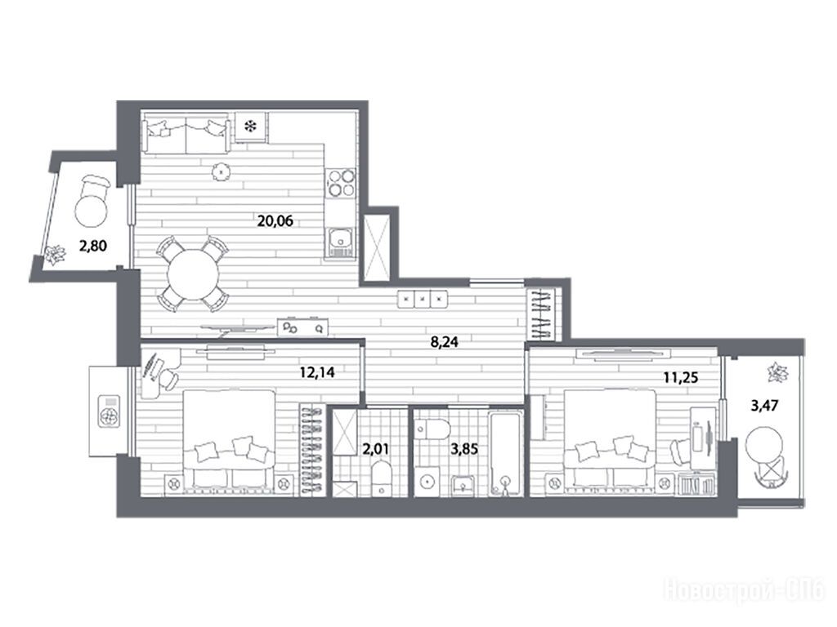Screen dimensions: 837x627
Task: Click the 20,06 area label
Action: (x=275, y=220)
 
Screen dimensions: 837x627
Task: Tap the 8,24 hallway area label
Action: (x=445, y=342)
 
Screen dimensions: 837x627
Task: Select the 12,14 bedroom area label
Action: (x=317, y=372)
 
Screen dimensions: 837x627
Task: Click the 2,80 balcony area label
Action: (x=93, y=246)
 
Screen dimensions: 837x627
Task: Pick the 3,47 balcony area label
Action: (x=764, y=406)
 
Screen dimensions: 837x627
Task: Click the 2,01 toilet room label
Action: (x=376, y=448)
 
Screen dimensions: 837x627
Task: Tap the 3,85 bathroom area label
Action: (x=464, y=449)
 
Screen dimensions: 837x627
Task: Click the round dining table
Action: (x=193, y=274)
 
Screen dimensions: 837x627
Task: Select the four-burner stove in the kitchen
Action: (x=341, y=183)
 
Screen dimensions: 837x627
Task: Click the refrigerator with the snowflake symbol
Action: (x=250, y=127)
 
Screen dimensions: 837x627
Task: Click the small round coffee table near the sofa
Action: (x=221, y=171)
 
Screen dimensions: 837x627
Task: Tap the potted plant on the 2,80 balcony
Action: (x=55, y=255)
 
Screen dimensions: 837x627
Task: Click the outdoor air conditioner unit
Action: (x=110, y=411)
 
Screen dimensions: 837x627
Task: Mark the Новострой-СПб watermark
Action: (x=744, y=590)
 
